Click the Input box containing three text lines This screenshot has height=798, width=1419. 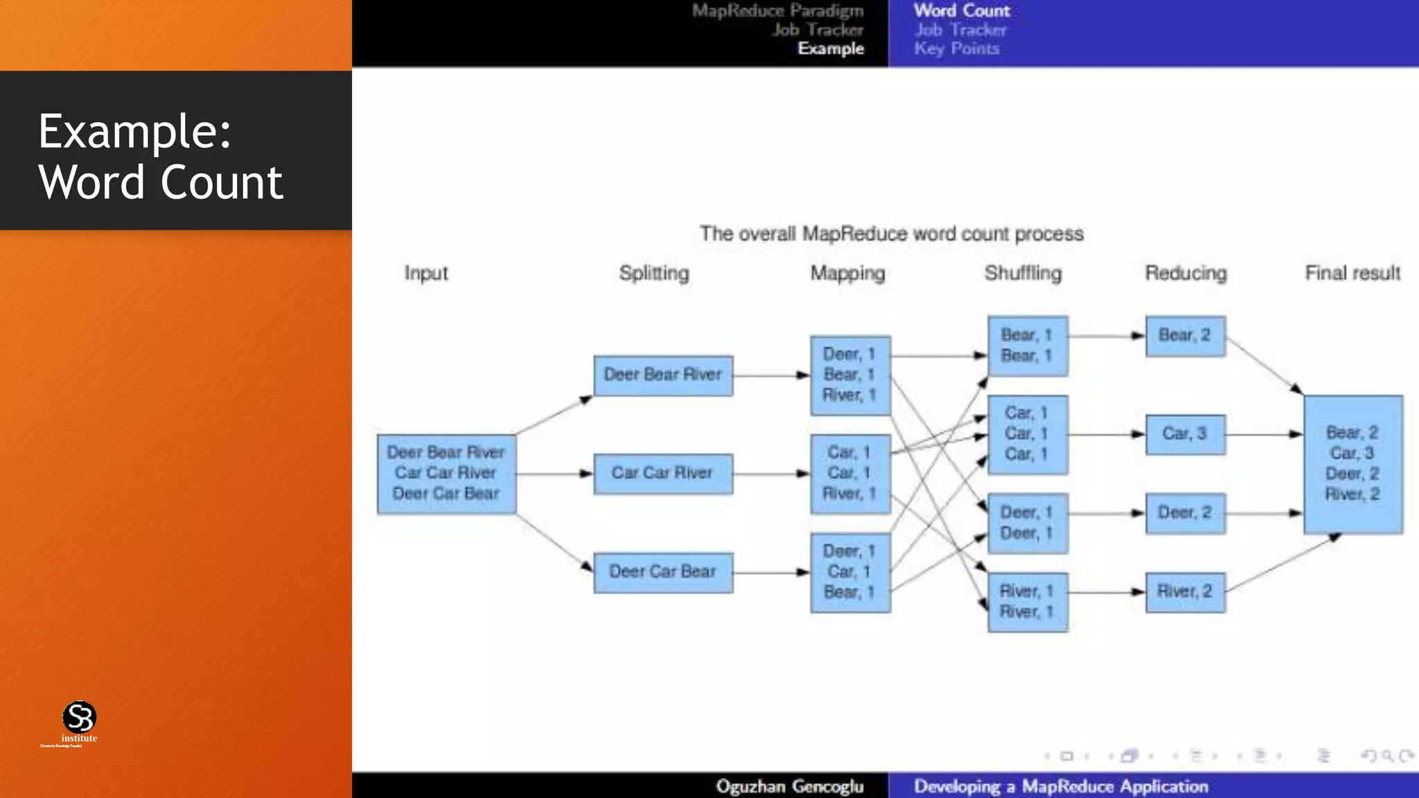tap(446, 474)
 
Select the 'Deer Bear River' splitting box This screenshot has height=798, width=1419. tap(663, 375)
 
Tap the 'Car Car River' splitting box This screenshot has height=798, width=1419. tap(663, 474)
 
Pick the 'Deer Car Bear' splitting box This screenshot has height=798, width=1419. tap(663, 572)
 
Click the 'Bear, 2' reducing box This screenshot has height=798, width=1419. tap(1185, 336)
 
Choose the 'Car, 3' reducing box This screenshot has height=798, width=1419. tap(1185, 434)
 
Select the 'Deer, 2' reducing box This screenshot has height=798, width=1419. tap(1185, 513)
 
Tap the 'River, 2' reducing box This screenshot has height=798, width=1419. tap(1185, 592)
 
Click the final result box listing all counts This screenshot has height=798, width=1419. tap(1352, 464)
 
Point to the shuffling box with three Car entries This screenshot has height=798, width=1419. tap(1028, 434)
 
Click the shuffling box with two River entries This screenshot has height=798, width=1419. tap(1028, 602)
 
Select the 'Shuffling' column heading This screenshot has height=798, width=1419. tap(1023, 273)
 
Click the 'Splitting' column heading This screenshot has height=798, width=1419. tap(654, 273)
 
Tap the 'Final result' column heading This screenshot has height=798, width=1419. tap(1352, 273)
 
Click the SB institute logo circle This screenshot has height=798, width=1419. tap(79, 717)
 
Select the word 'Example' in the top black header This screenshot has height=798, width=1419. tap(831, 48)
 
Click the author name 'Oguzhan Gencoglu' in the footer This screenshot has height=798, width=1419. tap(789, 786)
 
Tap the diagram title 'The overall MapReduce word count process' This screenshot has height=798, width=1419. tap(891, 233)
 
